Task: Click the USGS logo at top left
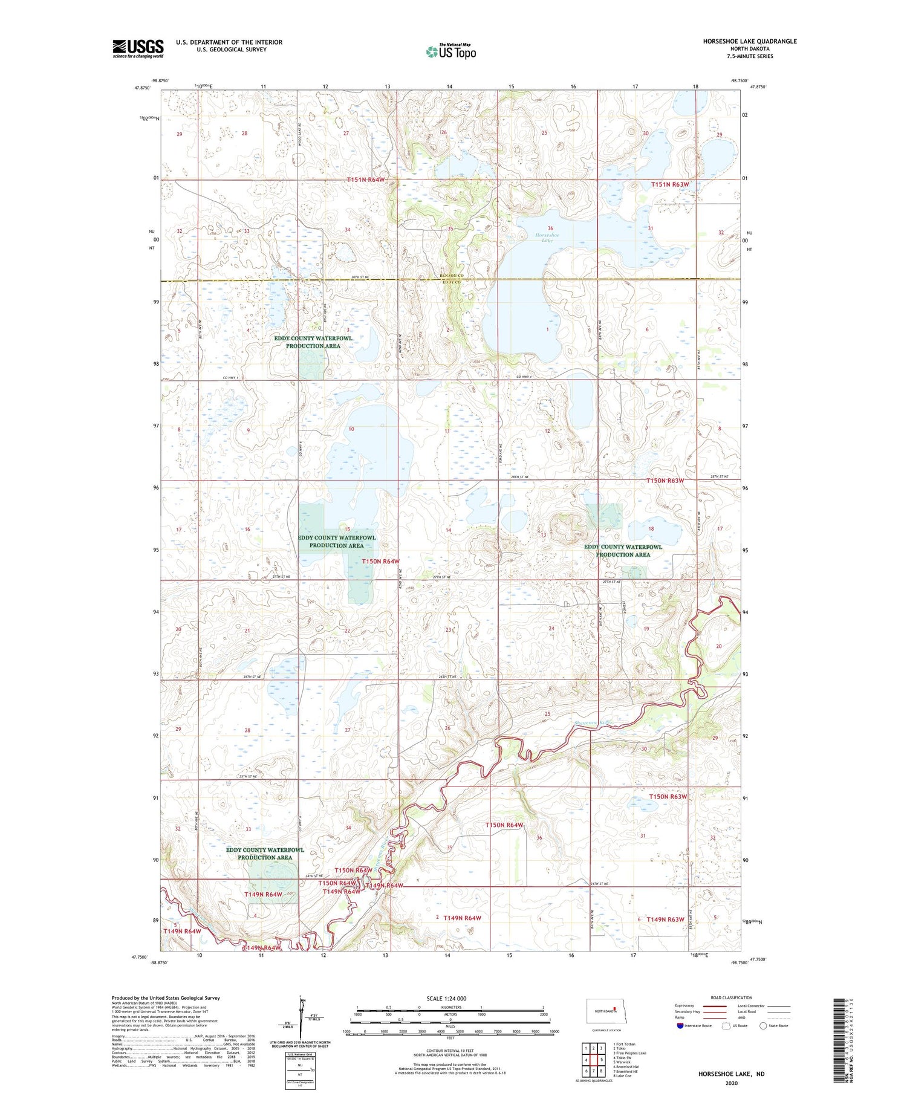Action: coord(138,48)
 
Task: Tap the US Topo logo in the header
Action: coord(450,52)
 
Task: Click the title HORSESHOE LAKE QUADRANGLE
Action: coord(749,41)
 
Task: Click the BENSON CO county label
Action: coord(452,276)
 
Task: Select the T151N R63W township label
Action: coord(670,184)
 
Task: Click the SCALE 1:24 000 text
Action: coord(450,998)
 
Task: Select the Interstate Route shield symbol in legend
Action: coord(680,1025)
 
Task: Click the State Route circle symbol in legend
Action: coord(763,1025)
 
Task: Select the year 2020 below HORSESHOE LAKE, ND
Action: coord(731,1083)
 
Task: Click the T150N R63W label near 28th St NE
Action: coord(665,481)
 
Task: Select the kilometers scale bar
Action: coord(450,1008)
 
